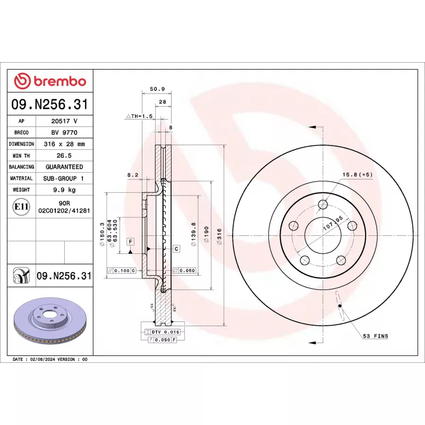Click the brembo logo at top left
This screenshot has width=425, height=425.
49,81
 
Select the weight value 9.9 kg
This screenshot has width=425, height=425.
64,190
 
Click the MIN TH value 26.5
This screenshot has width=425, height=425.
64,156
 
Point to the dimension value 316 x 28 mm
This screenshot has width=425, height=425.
64,144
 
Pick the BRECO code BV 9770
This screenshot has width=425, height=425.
64,133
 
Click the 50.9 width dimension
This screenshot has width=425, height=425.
157,89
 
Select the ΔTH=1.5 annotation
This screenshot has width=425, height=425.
139,116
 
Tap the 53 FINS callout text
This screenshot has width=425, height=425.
376,336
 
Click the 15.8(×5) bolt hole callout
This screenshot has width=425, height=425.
356,174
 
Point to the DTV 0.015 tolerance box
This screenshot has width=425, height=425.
166,331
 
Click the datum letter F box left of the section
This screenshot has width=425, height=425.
129,241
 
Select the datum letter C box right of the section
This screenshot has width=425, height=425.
176,248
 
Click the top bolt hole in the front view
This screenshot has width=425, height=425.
322,205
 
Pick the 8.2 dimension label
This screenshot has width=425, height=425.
132,174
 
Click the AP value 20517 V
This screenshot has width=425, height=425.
64,121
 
